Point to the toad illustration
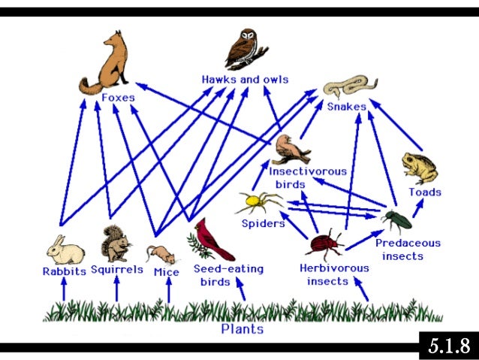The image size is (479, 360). [420, 168]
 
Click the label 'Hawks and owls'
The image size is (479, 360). [245, 80]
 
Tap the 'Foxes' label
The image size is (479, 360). [118, 98]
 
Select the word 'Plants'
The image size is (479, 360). [243, 328]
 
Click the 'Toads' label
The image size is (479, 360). [424, 192]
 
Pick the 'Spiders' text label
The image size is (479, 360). [263, 223]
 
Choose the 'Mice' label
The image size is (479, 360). [165, 271]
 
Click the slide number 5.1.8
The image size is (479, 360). [448, 346]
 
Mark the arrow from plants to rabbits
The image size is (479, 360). [64, 289]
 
